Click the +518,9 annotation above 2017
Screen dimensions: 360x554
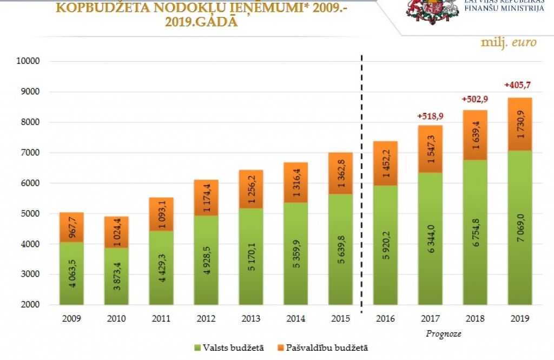click(431, 116)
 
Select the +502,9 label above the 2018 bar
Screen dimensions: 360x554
click(475, 100)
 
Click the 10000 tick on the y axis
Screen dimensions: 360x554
click(29, 61)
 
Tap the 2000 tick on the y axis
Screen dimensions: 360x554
click(31, 305)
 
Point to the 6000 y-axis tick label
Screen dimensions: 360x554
click(31, 184)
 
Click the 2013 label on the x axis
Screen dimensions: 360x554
click(251, 318)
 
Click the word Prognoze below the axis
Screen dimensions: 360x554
click(443, 333)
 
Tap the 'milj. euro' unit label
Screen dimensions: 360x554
click(509, 42)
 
